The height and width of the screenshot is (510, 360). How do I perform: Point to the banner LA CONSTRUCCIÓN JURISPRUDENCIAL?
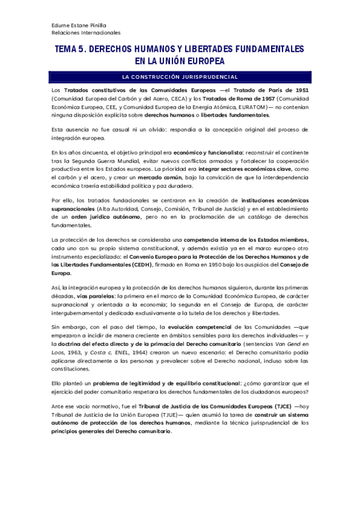coord(180,77)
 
